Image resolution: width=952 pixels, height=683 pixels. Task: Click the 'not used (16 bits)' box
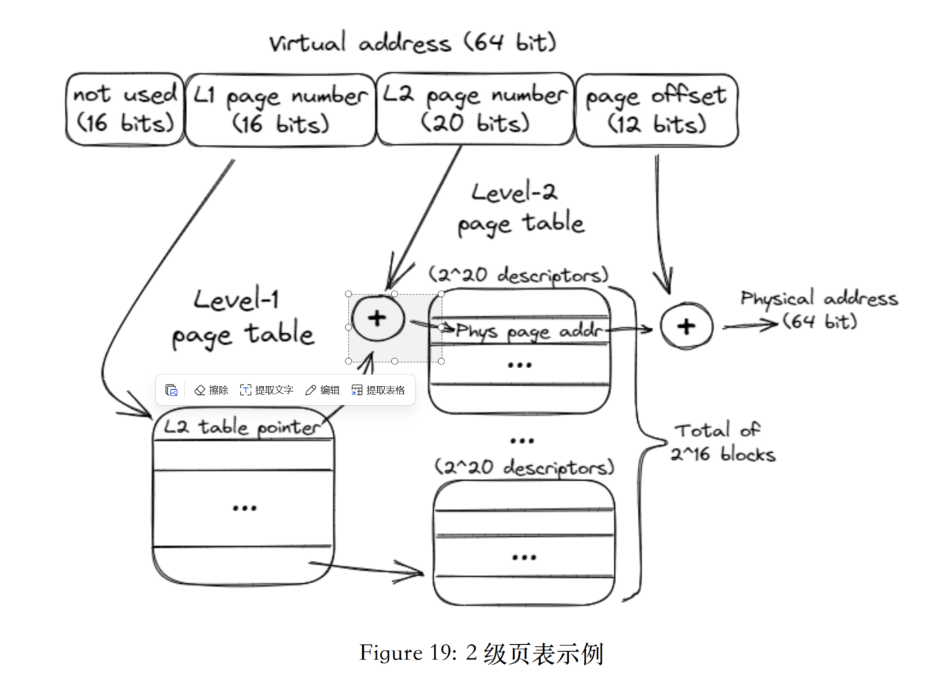125,109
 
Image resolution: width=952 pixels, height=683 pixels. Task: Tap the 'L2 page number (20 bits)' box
475,109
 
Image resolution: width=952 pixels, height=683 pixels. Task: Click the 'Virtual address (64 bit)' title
412,43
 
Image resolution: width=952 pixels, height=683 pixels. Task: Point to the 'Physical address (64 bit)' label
819,310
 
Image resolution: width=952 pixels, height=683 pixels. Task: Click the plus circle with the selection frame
378,318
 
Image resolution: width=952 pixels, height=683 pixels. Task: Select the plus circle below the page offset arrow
686,326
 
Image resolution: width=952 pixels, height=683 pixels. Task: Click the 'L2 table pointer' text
242,427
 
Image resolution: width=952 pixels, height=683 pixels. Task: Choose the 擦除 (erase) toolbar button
211,390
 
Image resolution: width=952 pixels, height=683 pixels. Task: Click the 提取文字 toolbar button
266,390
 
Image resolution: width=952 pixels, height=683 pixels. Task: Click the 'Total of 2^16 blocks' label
723,443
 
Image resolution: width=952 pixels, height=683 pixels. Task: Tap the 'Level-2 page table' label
520,209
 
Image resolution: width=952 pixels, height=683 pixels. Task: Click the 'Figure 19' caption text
481,653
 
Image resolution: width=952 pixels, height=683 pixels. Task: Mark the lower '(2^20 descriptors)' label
524,467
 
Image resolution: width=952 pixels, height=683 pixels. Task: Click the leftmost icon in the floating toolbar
171,390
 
